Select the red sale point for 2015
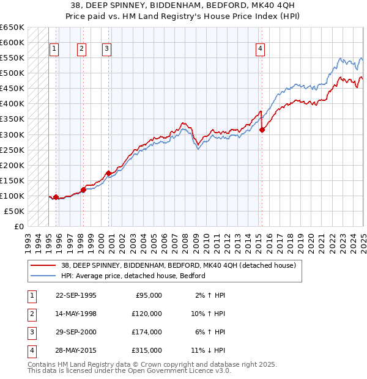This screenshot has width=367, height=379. click(x=262, y=130)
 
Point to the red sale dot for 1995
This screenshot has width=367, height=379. click(x=56, y=197)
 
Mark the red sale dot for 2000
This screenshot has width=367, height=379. click(x=108, y=173)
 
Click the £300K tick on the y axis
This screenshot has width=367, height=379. click(x=12, y=134)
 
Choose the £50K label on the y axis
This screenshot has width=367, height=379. click(x=14, y=211)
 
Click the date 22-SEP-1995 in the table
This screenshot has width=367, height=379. click(x=76, y=295)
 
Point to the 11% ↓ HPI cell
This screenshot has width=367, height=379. click(x=208, y=350)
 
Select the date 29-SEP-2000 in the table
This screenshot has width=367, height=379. click(x=76, y=332)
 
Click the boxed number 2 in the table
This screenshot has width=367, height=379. click(x=31, y=314)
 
